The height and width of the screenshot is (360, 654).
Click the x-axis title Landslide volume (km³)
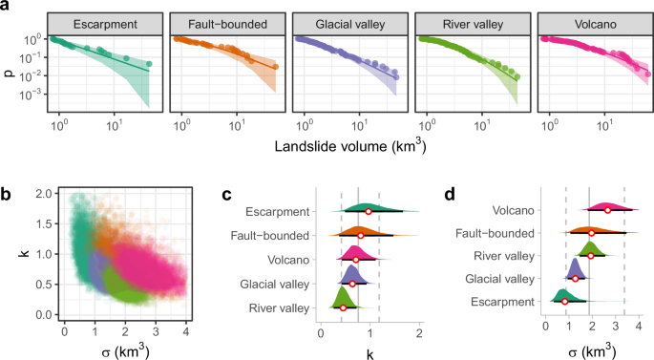click(x=347, y=147)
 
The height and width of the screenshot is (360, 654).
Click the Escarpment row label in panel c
click(x=278, y=211)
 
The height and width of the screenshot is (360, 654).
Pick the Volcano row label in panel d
click(x=511, y=210)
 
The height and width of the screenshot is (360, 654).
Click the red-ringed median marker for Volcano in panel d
click(x=607, y=210)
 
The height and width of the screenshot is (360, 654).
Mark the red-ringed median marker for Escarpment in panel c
click(x=368, y=211)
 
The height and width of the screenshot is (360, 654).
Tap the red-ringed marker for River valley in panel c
click(x=344, y=307)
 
